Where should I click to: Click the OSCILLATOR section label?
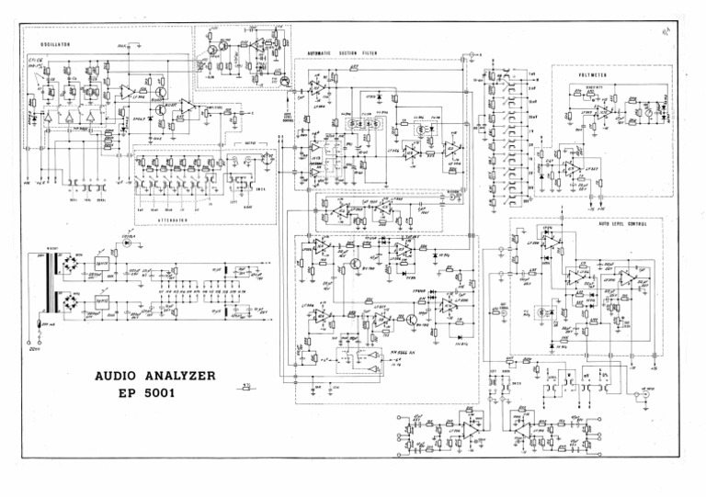point(57,44)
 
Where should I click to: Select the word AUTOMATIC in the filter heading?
point(325,53)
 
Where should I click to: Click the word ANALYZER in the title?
point(185,376)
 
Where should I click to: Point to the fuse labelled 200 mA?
point(39,325)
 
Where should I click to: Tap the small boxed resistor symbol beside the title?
point(245,387)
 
